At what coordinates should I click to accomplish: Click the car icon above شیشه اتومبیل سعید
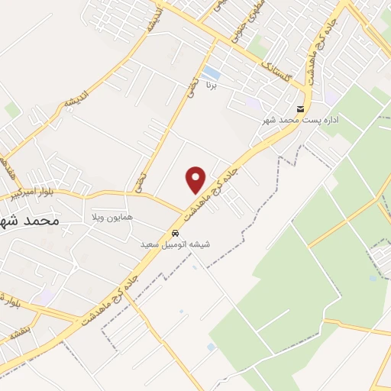coord(176,232)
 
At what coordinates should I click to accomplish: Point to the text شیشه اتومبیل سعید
coord(175,244)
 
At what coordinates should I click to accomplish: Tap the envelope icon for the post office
coord(301,108)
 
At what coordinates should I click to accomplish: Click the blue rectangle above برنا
coord(212,73)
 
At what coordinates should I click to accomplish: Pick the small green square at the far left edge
coord(11,109)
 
